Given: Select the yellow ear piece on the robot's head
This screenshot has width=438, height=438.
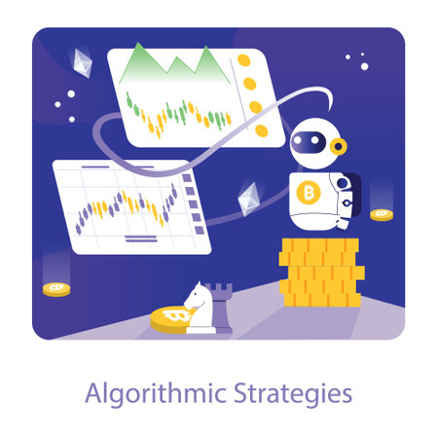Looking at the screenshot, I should [338, 146].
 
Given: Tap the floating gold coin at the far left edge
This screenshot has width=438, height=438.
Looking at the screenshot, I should [56, 288].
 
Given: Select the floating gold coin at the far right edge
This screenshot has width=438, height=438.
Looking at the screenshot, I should [382, 213].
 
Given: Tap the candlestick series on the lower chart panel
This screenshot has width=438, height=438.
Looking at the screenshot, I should [127, 204].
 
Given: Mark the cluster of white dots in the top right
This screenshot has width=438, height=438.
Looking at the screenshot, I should [358, 61].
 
